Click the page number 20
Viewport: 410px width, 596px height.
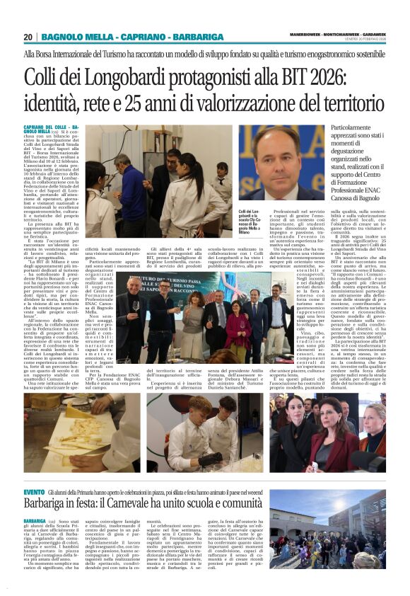(x=28, y=37)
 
